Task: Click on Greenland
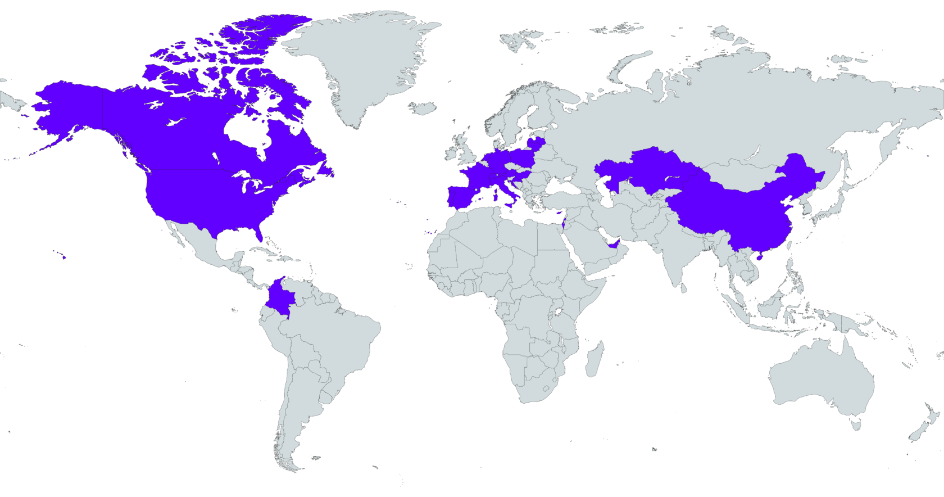(x=360, y=62)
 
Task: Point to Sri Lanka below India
(x=684, y=288)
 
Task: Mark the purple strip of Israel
(x=564, y=225)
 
